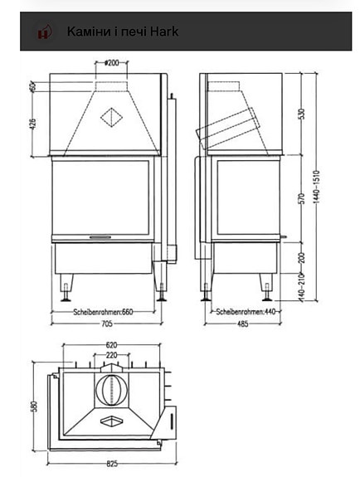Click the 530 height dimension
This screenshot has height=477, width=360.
click(x=303, y=114)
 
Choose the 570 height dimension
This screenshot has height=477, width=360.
click(x=303, y=199)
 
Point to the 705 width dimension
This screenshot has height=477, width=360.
click(x=106, y=324)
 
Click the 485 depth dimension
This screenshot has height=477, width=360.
click(x=241, y=324)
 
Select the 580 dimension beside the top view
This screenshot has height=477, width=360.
click(x=33, y=406)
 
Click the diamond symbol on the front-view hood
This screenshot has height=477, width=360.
click(x=109, y=117)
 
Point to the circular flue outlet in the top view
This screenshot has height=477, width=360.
click(x=110, y=389)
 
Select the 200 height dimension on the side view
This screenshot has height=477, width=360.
click(x=303, y=258)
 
